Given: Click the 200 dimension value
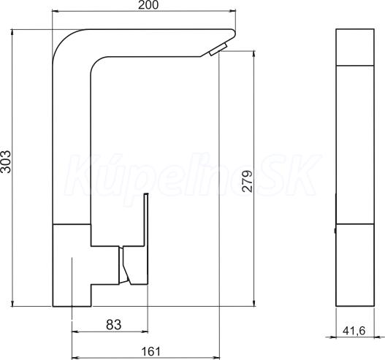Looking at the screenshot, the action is click(x=148, y=5).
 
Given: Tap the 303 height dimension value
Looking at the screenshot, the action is click(x=6, y=161).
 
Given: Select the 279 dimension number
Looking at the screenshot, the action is click(x=247, y=181).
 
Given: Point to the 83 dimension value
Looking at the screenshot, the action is click(x=114, y=325).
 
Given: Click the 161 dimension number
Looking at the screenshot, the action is click(x=151, y=351).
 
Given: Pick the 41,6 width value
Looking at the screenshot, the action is click(x=354, y=331).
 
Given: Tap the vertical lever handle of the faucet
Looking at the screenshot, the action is click(x=146, y=238).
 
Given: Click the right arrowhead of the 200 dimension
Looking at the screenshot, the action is click(x=232, y=11).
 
